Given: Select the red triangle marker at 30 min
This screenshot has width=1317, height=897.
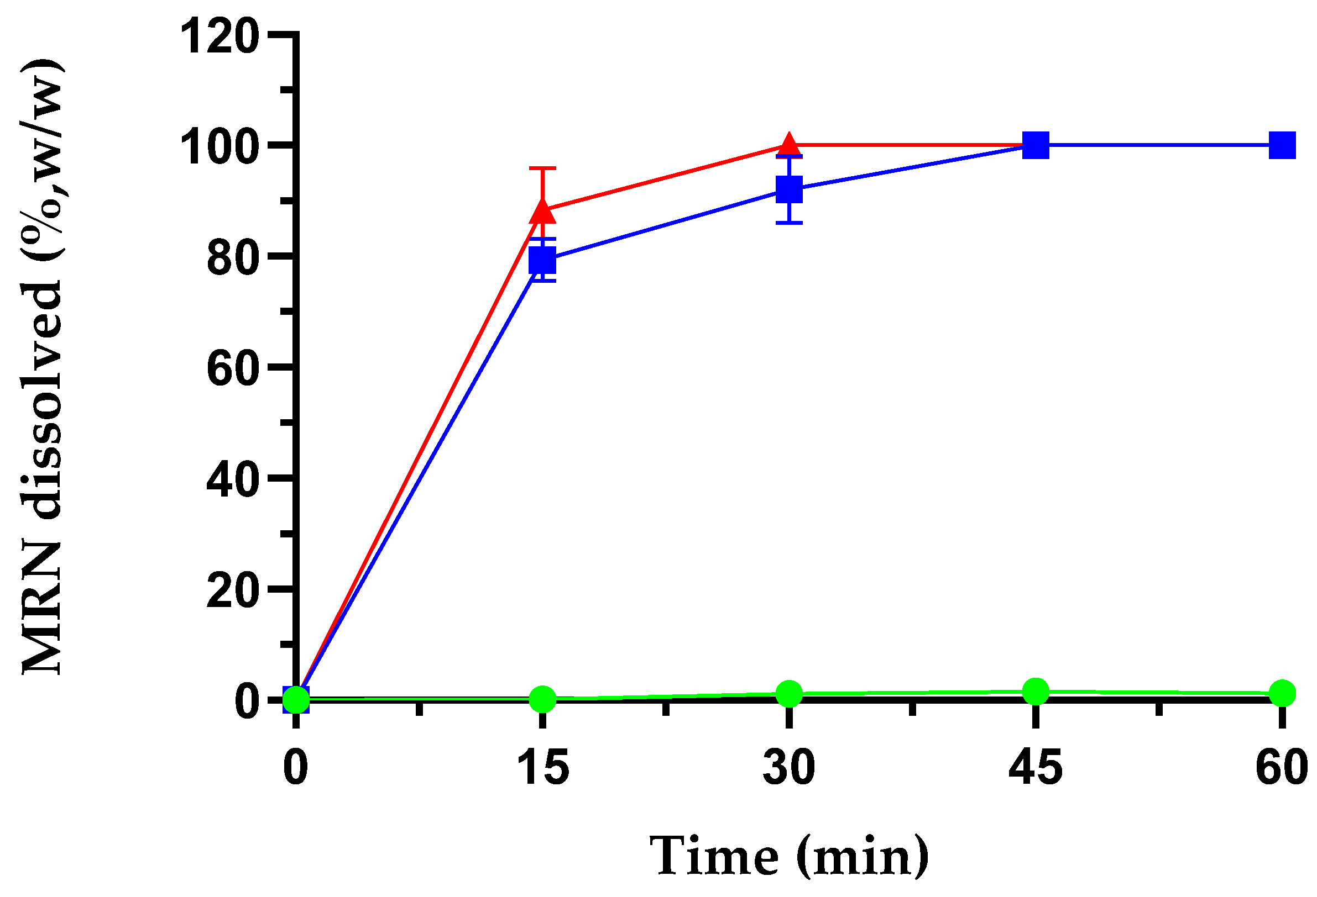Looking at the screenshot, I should click(x=789, y=144).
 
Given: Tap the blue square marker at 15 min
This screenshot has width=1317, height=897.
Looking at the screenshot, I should click(x=542, y=261).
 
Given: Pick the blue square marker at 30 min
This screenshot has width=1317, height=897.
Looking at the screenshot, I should click(x=789, y=189).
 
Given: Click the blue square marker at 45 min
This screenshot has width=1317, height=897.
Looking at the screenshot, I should click(x=1036, y=145).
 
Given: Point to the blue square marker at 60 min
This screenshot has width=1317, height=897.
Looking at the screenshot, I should click(x=1282, y=145).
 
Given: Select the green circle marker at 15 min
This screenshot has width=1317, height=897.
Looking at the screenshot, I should click(x=542, y=699).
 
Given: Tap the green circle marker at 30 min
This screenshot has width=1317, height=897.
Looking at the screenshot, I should click(x=789, y=694).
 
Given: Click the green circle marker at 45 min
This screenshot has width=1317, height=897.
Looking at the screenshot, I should click(x=1036, y=691).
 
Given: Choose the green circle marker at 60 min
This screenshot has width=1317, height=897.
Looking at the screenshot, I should click(x=1282, y=693).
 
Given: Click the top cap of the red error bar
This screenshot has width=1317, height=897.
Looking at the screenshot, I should click(x=542, y=168).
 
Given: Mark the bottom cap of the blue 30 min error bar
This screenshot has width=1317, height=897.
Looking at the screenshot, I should click(x=789, y=223).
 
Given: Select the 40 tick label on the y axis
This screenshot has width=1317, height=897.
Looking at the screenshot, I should click(x=233, y=481).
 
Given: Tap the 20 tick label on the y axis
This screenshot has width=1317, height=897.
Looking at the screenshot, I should click(x=233, y=592).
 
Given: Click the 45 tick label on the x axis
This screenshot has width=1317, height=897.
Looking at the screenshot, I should click(x=1036, y=767).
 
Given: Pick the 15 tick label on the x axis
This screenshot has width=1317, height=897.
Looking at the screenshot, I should click(x=542, y=767).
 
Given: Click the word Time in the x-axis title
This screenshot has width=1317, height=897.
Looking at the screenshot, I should click(x=714, y=856).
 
